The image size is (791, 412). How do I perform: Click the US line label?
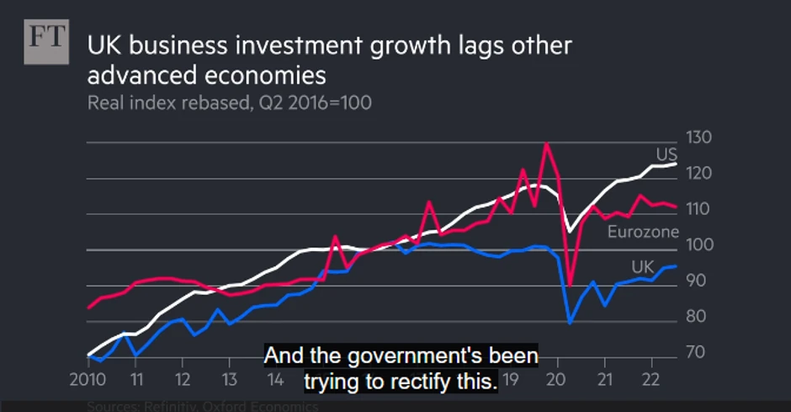pyautogui.click(x=666, y=154)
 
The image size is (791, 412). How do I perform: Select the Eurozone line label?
pyautogui.click(x=643, y=232)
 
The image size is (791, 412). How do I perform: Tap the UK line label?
pyautogui.click(x=643, y=268)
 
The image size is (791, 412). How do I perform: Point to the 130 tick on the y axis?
pyautogui.click(x=699, y=138)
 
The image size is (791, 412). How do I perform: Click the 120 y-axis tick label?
pyautogui.click(x=699, y=174)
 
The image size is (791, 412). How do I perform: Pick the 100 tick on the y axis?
pyautogui.click(x=699, y=245)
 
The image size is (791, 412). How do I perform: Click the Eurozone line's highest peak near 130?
pyautogui.click(x=547, y=143)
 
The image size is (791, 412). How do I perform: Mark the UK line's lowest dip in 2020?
pyautogui.click(x=571, y=323)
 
